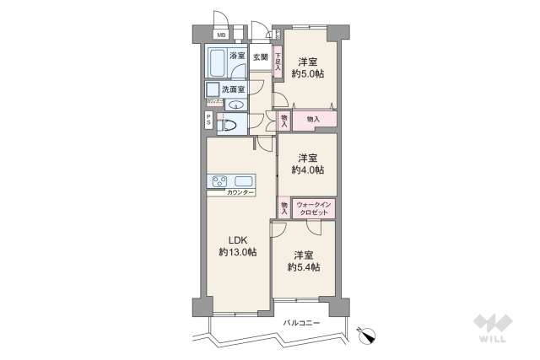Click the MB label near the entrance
click(x=221, y=35)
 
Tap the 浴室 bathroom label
click(x=238, y=56)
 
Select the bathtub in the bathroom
click(x=216, y=63)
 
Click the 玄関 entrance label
click(x=262, y=56)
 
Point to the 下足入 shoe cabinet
click(x=278, y=62)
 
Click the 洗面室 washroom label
click(x=233, y=89)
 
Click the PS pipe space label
click(x=208, y=121)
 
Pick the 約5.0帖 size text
click(x=307, y=74)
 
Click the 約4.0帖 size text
click(x=307, y=169)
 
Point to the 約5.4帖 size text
click(x=304, y=267)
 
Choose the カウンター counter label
click(x=240, y=193)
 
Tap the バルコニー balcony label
click(x=301, y=322)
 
